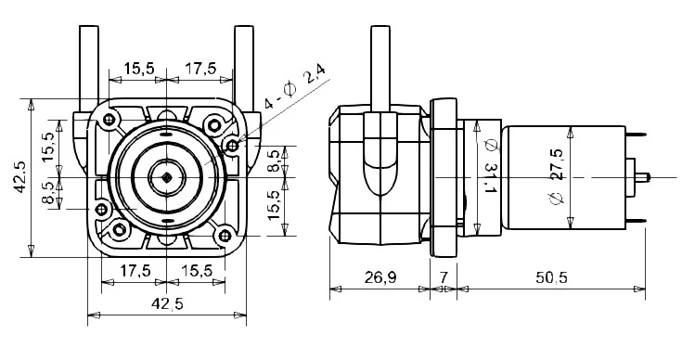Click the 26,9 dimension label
(x=380, y=277)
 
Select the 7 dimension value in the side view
(x=444, y=277)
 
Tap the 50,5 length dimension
(x=551, y=277)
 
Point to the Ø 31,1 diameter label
(x=490, y=166)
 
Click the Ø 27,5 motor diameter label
(x=556, y=177)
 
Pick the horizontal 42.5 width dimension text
(x=167, y=304)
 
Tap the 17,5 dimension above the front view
(x=200, y=69)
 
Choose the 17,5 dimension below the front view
(x=135, y=270)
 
